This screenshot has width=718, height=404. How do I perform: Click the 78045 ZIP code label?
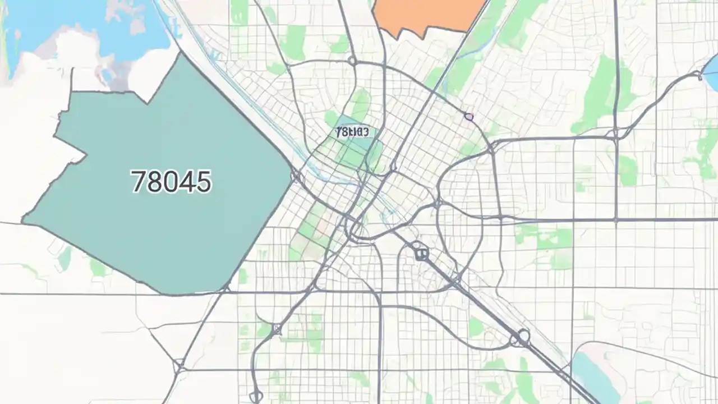(171, 182)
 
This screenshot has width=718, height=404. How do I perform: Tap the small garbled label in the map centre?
(352, 132)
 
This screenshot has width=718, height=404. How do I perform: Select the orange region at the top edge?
(429, 14)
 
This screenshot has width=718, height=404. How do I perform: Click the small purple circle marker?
(468, 117)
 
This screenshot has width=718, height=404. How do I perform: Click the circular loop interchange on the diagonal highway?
(522, 337)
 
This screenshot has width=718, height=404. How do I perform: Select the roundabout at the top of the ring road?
(352, 61)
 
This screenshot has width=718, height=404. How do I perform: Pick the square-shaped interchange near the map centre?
(421, 254)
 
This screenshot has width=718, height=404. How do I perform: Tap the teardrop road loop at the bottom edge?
(256, 396)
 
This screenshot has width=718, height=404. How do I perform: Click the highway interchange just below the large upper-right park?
(615, 134)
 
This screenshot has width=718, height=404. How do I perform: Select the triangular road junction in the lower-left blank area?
(179, 368)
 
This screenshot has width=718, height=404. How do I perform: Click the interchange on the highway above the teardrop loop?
(276, 329)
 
